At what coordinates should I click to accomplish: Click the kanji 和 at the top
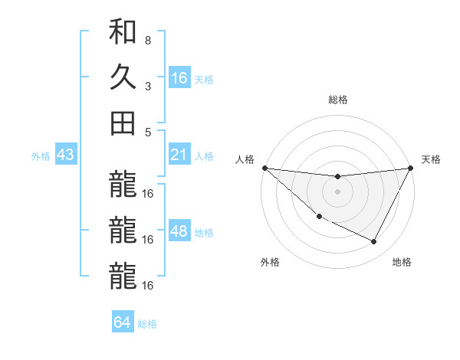123,33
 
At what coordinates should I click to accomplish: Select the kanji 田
123,122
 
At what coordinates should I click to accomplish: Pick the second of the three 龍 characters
123,230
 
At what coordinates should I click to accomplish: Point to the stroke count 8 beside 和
148,40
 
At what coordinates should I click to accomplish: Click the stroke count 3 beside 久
148,86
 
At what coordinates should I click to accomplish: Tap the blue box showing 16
179,77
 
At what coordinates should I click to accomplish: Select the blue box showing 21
179,155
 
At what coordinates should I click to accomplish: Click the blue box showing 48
179,231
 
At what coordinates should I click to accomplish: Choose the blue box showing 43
66,155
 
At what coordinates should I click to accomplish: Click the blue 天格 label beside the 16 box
204,79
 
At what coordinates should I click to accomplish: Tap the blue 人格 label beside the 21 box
204,156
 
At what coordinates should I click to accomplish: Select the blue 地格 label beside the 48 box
204,233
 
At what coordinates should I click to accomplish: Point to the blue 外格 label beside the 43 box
41,156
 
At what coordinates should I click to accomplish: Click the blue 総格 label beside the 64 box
147,324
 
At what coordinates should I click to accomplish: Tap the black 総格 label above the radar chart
337,100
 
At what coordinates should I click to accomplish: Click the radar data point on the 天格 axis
411,169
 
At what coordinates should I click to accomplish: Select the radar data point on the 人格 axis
264,168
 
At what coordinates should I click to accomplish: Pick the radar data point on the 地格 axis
374,242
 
